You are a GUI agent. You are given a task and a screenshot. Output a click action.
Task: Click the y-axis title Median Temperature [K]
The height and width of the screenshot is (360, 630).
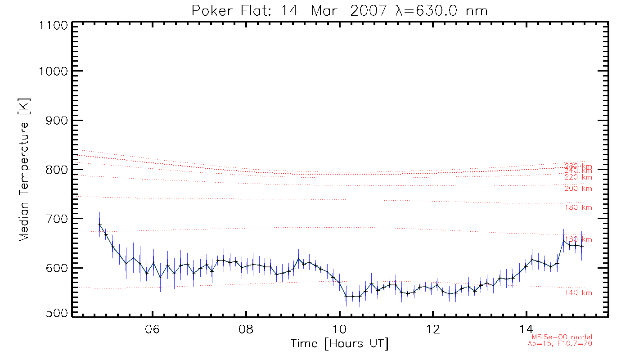pyautogui.click(x=23, y=170)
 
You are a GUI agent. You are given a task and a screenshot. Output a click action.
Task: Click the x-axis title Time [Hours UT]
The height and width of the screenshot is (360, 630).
pyautogui.click(x=340, y=344)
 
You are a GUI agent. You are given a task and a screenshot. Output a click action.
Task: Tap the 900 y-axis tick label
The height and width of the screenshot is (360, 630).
pyautogui.click(x=57, y=120)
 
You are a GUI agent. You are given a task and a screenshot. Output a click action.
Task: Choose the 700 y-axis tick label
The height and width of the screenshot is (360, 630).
pyautogui.click(x=57, y=219)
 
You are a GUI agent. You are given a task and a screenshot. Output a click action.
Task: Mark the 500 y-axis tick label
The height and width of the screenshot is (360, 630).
pyautogui.click(x=57, y=313)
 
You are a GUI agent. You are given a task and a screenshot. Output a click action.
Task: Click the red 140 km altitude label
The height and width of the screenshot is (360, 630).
pyautogui.click(x=578, y=293)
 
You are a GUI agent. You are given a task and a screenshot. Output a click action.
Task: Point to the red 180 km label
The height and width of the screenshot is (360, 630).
pyautogui.click(x=578, y=207)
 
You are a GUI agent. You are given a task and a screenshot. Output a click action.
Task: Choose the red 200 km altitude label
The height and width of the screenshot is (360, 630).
pyautogui.click(x=578, y=189)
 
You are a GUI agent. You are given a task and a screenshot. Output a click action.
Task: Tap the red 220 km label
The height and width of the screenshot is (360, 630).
pyautogui.click(x=578, y=177)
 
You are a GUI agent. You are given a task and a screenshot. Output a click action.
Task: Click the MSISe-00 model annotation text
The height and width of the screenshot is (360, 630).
pyautogui.click(x=562, y=337)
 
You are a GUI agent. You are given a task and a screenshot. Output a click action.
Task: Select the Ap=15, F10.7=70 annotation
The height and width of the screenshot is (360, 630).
pyautogui.click(x=560, y=344)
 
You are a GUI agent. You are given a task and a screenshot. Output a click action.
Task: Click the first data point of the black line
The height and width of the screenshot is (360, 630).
pyautogui.click(x=99, y=225)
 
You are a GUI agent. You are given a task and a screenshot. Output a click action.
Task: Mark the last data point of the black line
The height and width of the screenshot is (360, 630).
pyautogui.click(x=582, y=246)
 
